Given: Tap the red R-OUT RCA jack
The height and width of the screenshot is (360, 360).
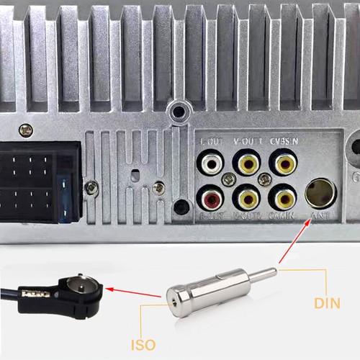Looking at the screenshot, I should tap(211, 196).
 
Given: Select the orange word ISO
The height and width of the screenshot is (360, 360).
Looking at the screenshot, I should tap(144, 345).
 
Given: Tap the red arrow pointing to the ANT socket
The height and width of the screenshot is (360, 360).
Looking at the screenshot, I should tap(295, 237).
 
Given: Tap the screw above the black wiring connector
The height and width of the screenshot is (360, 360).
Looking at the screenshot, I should tap(26, 130).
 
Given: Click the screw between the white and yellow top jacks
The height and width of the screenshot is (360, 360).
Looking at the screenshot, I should tap(229, 180).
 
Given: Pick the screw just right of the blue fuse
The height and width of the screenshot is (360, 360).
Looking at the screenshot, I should tap(91, 188).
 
